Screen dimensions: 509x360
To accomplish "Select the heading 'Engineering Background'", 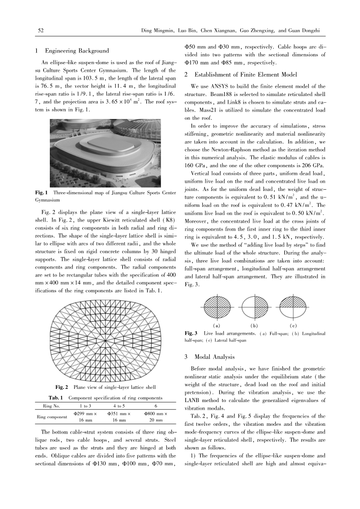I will coord(77,51).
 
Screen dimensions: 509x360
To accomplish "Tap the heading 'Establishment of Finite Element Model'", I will coord(246,75).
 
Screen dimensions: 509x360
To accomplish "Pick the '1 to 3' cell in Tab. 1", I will coord(85,406).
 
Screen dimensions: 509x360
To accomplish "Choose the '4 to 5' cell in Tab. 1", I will coord(119,406).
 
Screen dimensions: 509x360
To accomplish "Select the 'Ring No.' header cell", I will coord(50,406).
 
